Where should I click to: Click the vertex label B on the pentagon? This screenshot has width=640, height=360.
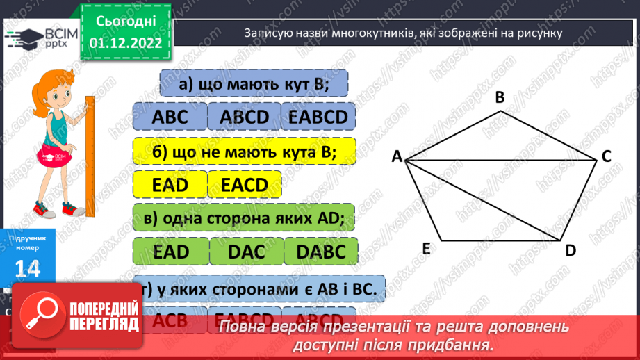500,98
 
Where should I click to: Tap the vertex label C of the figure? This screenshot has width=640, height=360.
606,157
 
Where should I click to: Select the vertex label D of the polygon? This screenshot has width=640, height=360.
571,250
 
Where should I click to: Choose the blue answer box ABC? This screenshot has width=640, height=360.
169,117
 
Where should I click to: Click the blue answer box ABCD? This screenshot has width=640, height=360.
243,117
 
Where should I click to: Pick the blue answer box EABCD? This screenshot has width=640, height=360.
318,117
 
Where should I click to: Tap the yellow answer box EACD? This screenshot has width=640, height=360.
244,184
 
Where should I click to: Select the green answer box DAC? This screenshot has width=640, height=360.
246,252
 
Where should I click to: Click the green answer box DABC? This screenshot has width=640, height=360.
321,252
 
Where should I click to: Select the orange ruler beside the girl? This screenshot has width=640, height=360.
89,153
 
